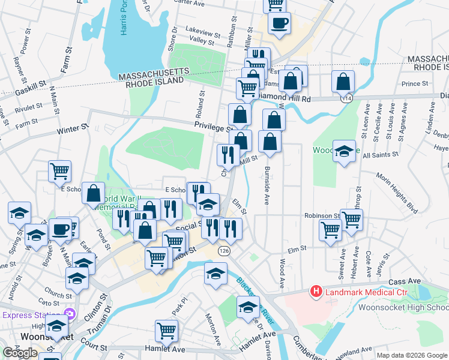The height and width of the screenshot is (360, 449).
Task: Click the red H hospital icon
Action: pyautogui.click(x=315, y=292)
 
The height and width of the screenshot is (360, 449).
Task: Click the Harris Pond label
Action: pyautogui.click(x=124, y=19)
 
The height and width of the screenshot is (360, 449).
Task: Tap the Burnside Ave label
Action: pyautogui.click(x=266, y=185)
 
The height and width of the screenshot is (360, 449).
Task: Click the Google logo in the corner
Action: pyautogui.click(x=20, y=353)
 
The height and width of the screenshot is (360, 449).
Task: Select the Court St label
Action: pyautogui.click(x=94, y=347)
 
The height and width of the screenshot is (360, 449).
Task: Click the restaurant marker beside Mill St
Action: pyautogui.click(x=228, y=155)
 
